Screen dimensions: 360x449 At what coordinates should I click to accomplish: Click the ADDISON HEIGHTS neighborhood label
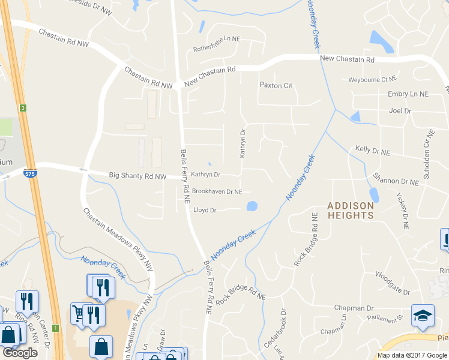click(x=351, y=211)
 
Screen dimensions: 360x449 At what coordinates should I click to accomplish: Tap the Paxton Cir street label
click(x=276, y=85)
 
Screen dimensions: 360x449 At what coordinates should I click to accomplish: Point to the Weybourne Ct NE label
click(x=373, y=79)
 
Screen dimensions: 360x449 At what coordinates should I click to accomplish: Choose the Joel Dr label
click(x=400, y=111)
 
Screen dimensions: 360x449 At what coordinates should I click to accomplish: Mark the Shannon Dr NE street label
click(x=395, y=179)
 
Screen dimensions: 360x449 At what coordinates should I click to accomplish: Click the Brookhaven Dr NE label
click(x=217, y=192)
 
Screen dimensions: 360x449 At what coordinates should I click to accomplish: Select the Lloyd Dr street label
click(x=204, y=210)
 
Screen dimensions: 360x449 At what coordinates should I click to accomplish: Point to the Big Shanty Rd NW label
click(x=138, y=176)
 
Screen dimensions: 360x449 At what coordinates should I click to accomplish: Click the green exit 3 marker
click(x=23, y=108)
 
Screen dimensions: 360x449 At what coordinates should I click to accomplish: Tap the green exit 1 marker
click(x=55, y=328)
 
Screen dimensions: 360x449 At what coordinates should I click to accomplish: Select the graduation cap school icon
click(x=423, y=316)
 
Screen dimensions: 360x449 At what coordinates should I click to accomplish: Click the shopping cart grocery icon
click(x=78, y=312)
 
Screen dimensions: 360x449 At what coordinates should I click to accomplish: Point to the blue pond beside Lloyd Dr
click(x=252, y=206)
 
